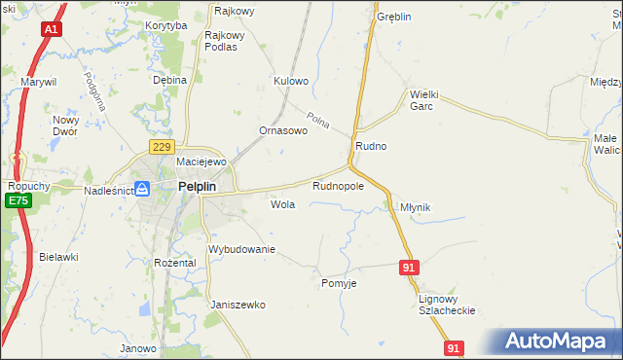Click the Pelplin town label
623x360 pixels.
(197, 187)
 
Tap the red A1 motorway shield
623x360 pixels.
(53, 30)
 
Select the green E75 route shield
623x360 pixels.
(16, 200)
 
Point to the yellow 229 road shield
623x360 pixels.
(162, 146)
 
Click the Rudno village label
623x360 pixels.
(371, 146)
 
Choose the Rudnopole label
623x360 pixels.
(338, 185)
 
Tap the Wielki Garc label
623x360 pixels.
(426, 100)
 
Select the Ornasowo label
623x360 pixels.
(283, 130)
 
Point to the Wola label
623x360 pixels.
(283, 205)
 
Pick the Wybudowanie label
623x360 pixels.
(242, 250)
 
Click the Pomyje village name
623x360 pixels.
(340, 283)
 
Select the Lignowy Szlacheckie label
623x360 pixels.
(446, 305)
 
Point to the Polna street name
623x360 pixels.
(318, 122)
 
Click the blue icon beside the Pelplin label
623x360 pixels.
(143, 188)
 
